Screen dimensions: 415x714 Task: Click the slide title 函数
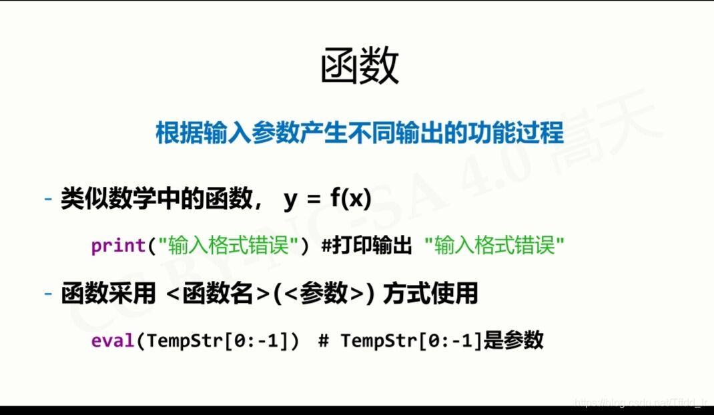pyautogui.click(x=360, y=67)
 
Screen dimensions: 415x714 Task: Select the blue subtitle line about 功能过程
pyautogui.click(x=359, y=133)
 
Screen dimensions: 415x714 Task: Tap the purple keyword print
pyautogui.click(x=118, y=246)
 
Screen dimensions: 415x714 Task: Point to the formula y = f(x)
pyautogui.click(x=327, y=199)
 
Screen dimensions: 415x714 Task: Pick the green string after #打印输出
pyautogui.click(x=494, y=246)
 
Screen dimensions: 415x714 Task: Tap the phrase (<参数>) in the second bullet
pyautogui.click(x=324, y=294)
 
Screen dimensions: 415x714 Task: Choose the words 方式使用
pyautogui.click(x=431, y=294)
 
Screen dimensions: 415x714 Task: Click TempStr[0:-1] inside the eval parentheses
pyautogui.click(x=217, y=340)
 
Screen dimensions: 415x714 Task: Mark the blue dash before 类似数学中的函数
pyautogui.click(x=48, y=199)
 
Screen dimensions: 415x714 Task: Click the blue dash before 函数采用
pyautogui.click(x=48, y=294)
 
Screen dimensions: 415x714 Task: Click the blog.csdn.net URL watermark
pyautogui.click(x=641, y=402)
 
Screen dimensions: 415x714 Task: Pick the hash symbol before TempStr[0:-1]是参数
pyautogui.click(x=324, y=340)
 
